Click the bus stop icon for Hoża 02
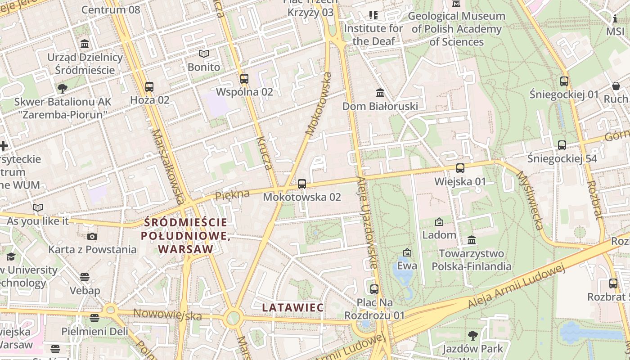pyautogui.click(x=149, y=86)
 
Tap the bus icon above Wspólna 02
pyautogui.click(x=244, y=79)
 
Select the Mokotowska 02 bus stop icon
pyautogui.click(x=302, y=184)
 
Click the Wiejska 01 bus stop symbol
pyautogui.click(x=460, y=168)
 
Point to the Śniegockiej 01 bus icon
pyautogui.click(x=564, y=81)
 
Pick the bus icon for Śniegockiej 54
pyautogui.click(x=562, y=145)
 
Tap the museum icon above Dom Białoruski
pyautogui.click(x=380, y=93)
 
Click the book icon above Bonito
pyautogui.click(x=204, y=54)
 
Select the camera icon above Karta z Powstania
pyautogui.click(x=92, y=236)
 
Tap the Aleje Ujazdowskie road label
pyautogui.click(x=367, y=222)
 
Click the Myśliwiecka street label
pyautogui.click(x=529, y=200)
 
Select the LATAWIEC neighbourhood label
pyautogui.click(x=292, y=308)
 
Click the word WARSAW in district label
pyautogui.click(x=185, y=249)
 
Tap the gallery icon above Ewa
pyautogui.click(x=407, y=252)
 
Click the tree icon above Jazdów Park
pyautogui.click(x=472, y=335)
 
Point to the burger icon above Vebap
pyautogui.click(x=85, y=277)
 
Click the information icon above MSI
pyautogui.click(x=615, y=18)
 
